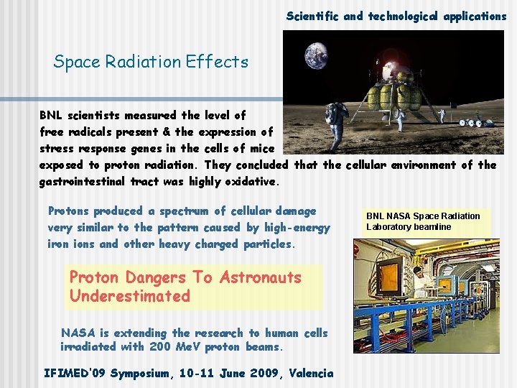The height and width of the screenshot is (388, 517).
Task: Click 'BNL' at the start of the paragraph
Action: (x=51, y=115)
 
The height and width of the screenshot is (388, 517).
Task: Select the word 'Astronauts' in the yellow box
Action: (x=261, y=277)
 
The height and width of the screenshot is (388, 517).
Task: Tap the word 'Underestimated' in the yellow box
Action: (x=130, y=296)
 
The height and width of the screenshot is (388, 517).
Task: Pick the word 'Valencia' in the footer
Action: (x=310, y=373)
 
